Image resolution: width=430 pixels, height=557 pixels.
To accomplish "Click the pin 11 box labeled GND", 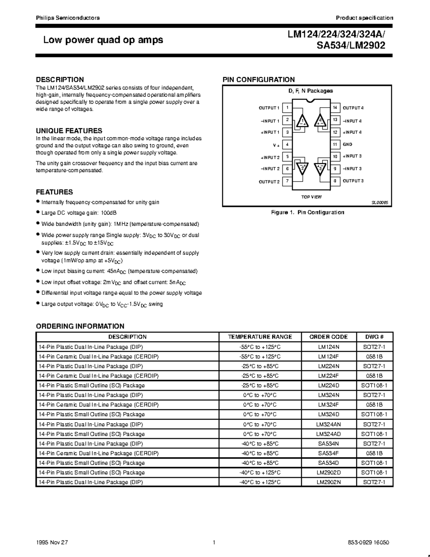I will click(x=335, y=145).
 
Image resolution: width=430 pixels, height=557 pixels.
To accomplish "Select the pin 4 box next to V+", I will click(x=287, y=145).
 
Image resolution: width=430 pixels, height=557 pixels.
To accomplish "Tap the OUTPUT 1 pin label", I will click(x=269, y=108).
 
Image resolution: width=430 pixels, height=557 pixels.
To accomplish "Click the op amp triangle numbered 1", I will click(x=303, y=121).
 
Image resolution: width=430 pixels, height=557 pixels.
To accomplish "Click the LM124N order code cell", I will click(x=329, y=347).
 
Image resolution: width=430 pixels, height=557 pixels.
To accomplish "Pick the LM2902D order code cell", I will click(x=329, y=473).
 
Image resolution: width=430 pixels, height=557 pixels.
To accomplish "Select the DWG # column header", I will click(x=374, y=337).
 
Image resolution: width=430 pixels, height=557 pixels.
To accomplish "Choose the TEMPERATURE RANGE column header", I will click(x=260, y=337).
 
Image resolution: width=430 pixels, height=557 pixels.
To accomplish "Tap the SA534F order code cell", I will click(x=329, y=453).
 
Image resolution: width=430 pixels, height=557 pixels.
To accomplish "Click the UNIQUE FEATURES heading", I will click(x=69, y=131).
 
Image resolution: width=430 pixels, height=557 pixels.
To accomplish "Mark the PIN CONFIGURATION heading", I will click(x=259, y=80).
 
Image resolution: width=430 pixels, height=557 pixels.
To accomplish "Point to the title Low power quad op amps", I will click(x=103, y=40).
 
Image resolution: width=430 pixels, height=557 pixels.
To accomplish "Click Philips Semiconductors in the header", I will click(x=68, y=18).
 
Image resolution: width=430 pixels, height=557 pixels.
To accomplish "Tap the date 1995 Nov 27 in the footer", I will click(x=52, y=543).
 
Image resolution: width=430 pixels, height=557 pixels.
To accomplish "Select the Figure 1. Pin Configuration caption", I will click(x=307, y=212).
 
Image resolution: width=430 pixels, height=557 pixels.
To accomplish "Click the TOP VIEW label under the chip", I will click(x=311, y=197).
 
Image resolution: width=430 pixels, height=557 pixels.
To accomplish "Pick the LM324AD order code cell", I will click(x=329, y=434).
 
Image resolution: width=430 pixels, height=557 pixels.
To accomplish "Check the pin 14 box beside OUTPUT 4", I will click(x=335, y=108).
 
